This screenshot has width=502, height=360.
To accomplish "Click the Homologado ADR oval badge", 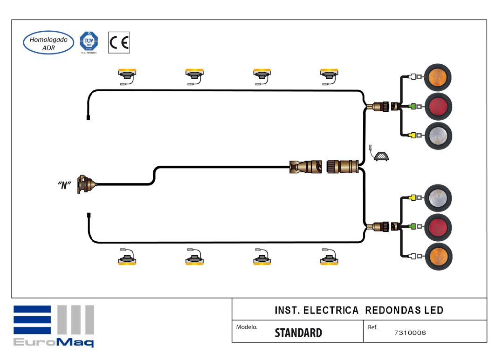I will click(x=48, y=43).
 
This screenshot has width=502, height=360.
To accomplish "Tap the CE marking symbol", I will click(x=119, y=43).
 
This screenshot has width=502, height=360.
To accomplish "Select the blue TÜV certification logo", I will click(x=89, y=42).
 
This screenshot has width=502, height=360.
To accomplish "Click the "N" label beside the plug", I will click(x=64, y=185).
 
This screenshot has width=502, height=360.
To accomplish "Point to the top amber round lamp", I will click(x=438, y=77).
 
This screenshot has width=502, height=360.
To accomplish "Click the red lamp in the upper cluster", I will click(x=438, y=106).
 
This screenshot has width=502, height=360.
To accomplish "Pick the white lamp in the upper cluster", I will click(x=438, y=136).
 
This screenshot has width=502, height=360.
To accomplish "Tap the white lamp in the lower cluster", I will click(x=438, y=198).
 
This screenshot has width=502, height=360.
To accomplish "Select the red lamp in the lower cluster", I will click(x=438, y=227).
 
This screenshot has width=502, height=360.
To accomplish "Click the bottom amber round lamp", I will click(x=438, y=256).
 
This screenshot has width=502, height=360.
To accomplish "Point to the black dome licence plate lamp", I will click(x=382, y=156).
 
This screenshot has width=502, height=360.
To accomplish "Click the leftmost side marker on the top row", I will click(x=127, y=74).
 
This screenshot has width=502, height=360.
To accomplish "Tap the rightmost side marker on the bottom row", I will click(x=329, y=259).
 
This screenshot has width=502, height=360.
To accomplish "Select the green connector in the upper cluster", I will click(x=412, y=107).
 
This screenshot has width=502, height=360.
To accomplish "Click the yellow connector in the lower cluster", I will click(x=412, y=198).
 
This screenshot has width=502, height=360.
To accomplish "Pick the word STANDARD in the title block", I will click(x=298, y=333).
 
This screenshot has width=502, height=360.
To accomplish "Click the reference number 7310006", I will click(x=410, y=333).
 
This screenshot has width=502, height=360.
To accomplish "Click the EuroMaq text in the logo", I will click(x=53, y=342).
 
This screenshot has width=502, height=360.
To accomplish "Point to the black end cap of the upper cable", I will click(x=88, y=117).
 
